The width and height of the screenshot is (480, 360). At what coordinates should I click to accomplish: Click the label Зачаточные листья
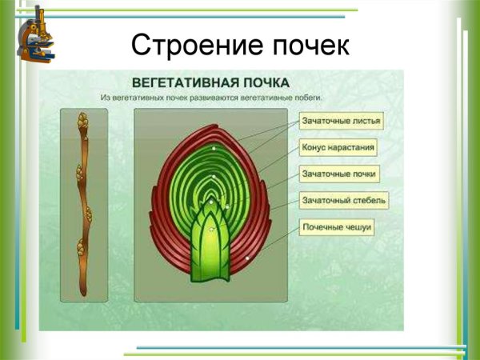pyautogui.click(x=341, y=122)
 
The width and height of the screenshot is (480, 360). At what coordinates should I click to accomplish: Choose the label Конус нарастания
pyautogui.click(x=338, y=148)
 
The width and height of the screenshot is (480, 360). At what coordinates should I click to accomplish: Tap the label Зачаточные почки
pyautogui.click(x=339, y=173)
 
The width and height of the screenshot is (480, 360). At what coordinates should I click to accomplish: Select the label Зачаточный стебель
pyautogui.click(x=344, y=199)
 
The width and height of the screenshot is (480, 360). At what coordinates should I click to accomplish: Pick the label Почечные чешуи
pyautogui.click(x=338, y=226)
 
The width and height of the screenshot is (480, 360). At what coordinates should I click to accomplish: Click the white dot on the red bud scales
pyautogui.click(x=249, y=258)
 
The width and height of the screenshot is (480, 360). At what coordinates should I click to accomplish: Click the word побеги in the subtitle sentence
pyautogui.click(x=303, y=97)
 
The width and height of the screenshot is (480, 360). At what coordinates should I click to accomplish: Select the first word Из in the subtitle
pyautogui.click(x=105, y=97)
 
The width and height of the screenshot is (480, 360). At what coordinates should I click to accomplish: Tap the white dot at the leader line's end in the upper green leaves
pyautogui.click(x=214, y=149)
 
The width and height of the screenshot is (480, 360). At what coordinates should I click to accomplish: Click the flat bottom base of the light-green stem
pyautogui.click(x=210, y=282)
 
